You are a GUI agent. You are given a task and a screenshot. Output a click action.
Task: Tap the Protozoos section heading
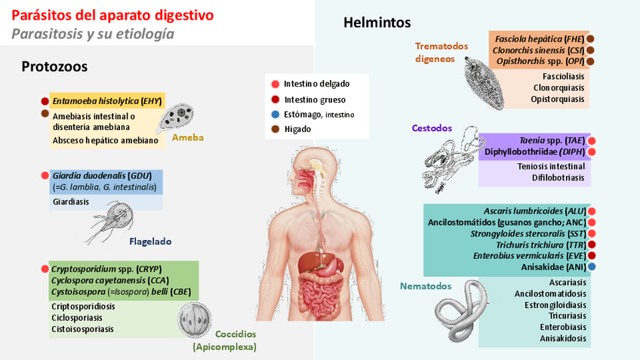tap(54, 66)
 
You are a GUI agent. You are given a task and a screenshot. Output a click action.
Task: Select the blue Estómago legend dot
tap(276, 114)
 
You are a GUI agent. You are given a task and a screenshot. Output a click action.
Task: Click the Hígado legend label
tap(299, 129)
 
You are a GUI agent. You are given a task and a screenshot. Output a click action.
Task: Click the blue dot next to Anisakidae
tap(592, 266)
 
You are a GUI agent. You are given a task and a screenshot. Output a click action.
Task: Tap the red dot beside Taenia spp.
tap(592, 140)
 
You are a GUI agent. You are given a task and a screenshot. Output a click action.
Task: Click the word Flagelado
tap(150, 242)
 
